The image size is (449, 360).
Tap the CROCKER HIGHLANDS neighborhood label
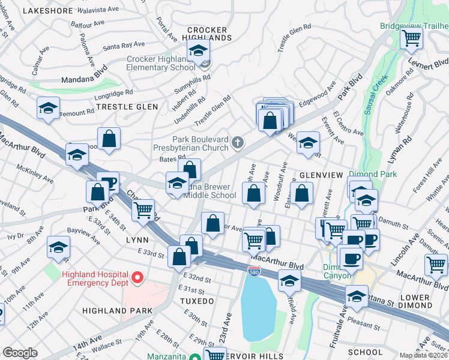tap(207, 34)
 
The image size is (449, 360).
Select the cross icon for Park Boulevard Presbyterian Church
tap(238, 142)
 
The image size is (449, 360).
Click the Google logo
tap(20, 353)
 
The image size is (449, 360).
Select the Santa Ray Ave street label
tap(124, 45)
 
